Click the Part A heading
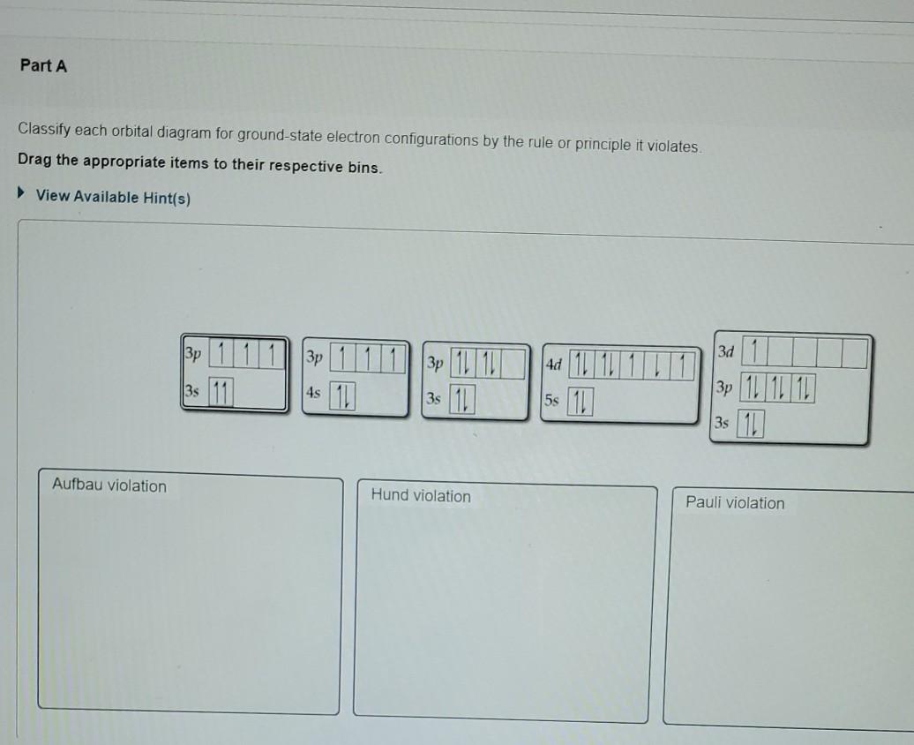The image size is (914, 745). click(x=43, y=66)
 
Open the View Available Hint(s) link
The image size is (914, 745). click(x=113, y=197)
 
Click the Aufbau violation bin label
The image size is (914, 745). click(x=109, y=485)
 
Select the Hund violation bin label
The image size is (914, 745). click(x=421, y=496)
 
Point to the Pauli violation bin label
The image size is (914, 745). click(x=735, y=503)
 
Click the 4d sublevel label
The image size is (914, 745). click(x=553, y=364)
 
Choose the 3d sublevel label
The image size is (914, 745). click(x=725, y=353)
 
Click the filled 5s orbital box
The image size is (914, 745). click(x=580, y=403)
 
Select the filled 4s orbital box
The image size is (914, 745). click(x=341, y=395)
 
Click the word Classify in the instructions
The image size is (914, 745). click(x=45, y=130)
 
